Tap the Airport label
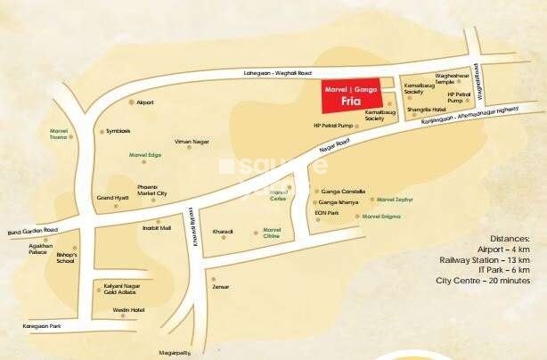tap(146, 102)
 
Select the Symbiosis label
tap(118, 131)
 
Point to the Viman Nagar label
tap(190, 142)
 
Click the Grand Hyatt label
tap(113, 197)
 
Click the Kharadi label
tap(223, 232)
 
